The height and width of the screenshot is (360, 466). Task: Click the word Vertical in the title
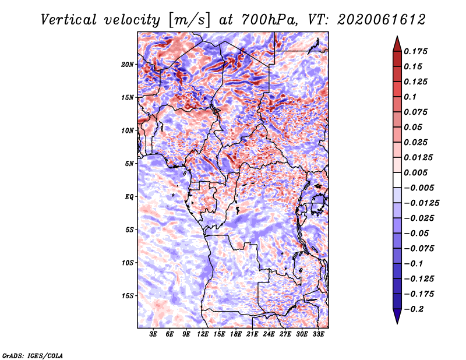68,20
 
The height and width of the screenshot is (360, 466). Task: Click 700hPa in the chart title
269,20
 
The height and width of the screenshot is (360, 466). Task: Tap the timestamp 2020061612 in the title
382,20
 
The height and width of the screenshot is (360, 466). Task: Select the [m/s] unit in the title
189,20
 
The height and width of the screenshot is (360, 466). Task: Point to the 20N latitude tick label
127,65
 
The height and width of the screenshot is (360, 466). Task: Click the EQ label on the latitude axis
129,197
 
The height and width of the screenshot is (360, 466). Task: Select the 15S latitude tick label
128,296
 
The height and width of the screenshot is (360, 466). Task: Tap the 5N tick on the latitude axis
129,164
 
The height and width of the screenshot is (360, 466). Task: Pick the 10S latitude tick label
128,263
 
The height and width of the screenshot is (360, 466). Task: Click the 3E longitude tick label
153,334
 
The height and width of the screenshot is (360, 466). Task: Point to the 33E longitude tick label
318,334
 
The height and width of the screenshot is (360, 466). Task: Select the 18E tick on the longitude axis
236,334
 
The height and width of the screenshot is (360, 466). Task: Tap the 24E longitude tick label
269,334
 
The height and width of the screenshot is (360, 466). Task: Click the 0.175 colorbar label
415,51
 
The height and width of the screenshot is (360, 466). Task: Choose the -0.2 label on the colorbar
414,309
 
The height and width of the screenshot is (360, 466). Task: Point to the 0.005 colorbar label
415,172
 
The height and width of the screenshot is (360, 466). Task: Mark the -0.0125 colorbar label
421,203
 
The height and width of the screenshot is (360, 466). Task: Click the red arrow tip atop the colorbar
397,37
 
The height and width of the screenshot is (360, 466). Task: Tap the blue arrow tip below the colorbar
397,323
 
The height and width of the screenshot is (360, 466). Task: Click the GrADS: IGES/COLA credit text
33,356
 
